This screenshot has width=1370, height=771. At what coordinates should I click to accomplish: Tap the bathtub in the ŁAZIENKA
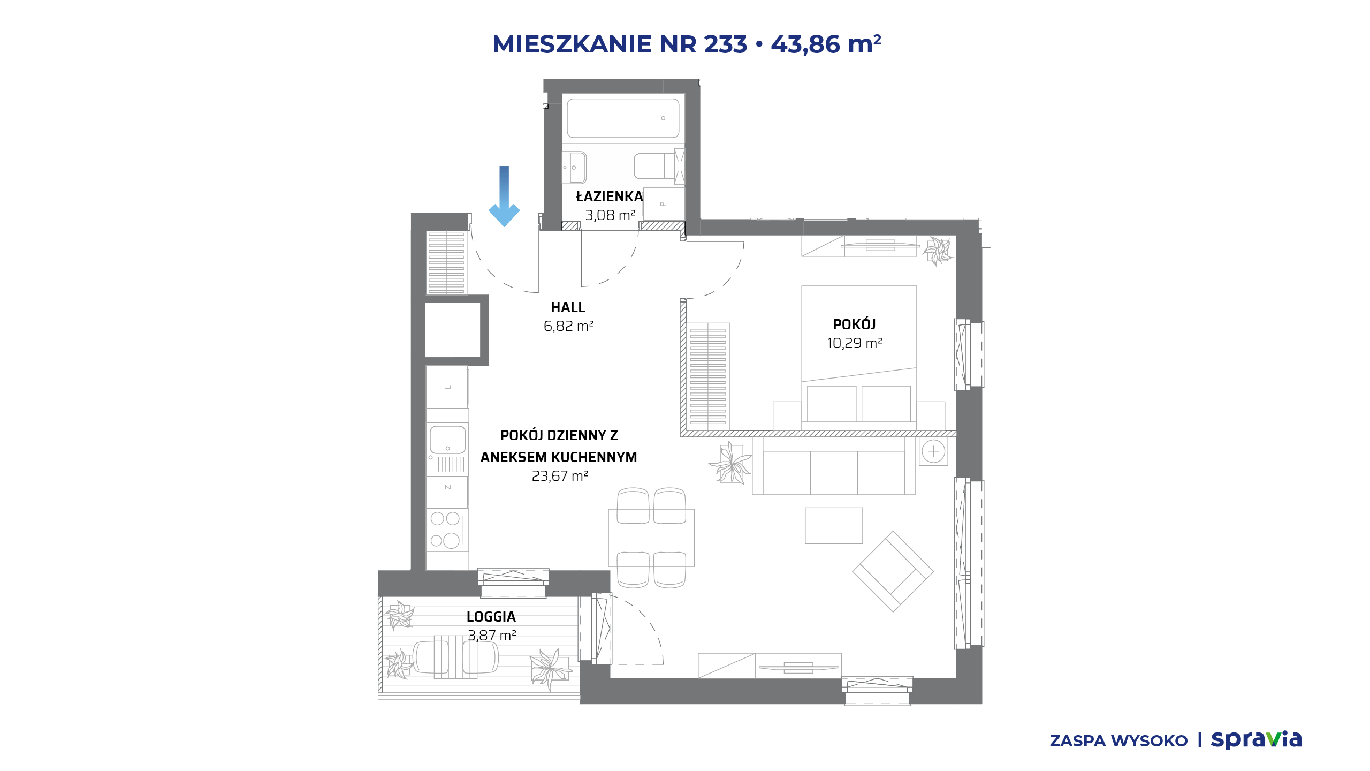(623, 118)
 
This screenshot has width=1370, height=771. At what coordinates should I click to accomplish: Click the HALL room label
(568, 307)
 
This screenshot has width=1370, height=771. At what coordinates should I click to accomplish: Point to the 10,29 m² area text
(854, 343)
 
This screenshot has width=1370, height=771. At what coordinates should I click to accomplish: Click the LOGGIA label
(491, 617)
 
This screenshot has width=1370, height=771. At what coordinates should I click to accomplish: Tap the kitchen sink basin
(447, 440)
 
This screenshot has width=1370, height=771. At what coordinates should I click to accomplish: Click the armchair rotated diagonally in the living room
(893, 571)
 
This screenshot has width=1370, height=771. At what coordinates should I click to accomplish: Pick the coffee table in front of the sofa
(834, 525)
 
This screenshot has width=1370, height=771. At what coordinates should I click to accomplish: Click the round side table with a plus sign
(933, 451)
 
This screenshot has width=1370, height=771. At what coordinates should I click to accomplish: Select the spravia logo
(1256, 739)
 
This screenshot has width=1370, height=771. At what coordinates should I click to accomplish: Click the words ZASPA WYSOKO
(1118, 741)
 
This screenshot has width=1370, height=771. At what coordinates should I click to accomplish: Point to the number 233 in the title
(726, 44)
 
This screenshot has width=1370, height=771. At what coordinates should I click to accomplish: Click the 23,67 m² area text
(560, 476)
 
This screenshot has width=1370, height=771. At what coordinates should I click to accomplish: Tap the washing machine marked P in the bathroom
(664, 204)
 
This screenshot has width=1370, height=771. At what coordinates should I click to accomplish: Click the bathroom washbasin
(574, 168)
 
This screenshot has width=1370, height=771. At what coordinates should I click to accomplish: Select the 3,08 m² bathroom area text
(610, 215)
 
